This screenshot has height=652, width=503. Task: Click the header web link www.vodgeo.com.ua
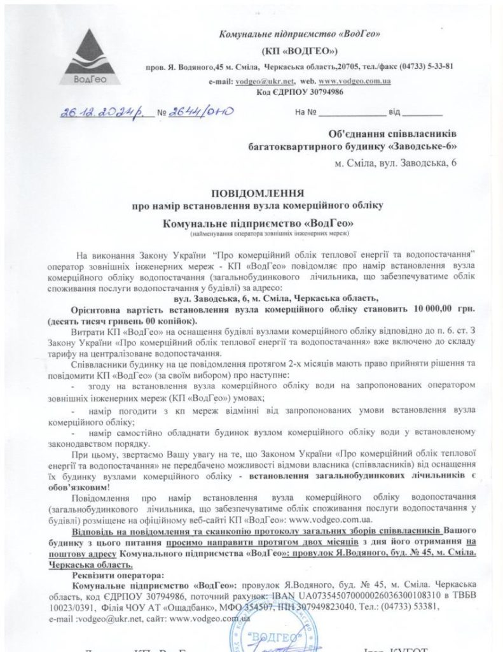click(355, 81)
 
